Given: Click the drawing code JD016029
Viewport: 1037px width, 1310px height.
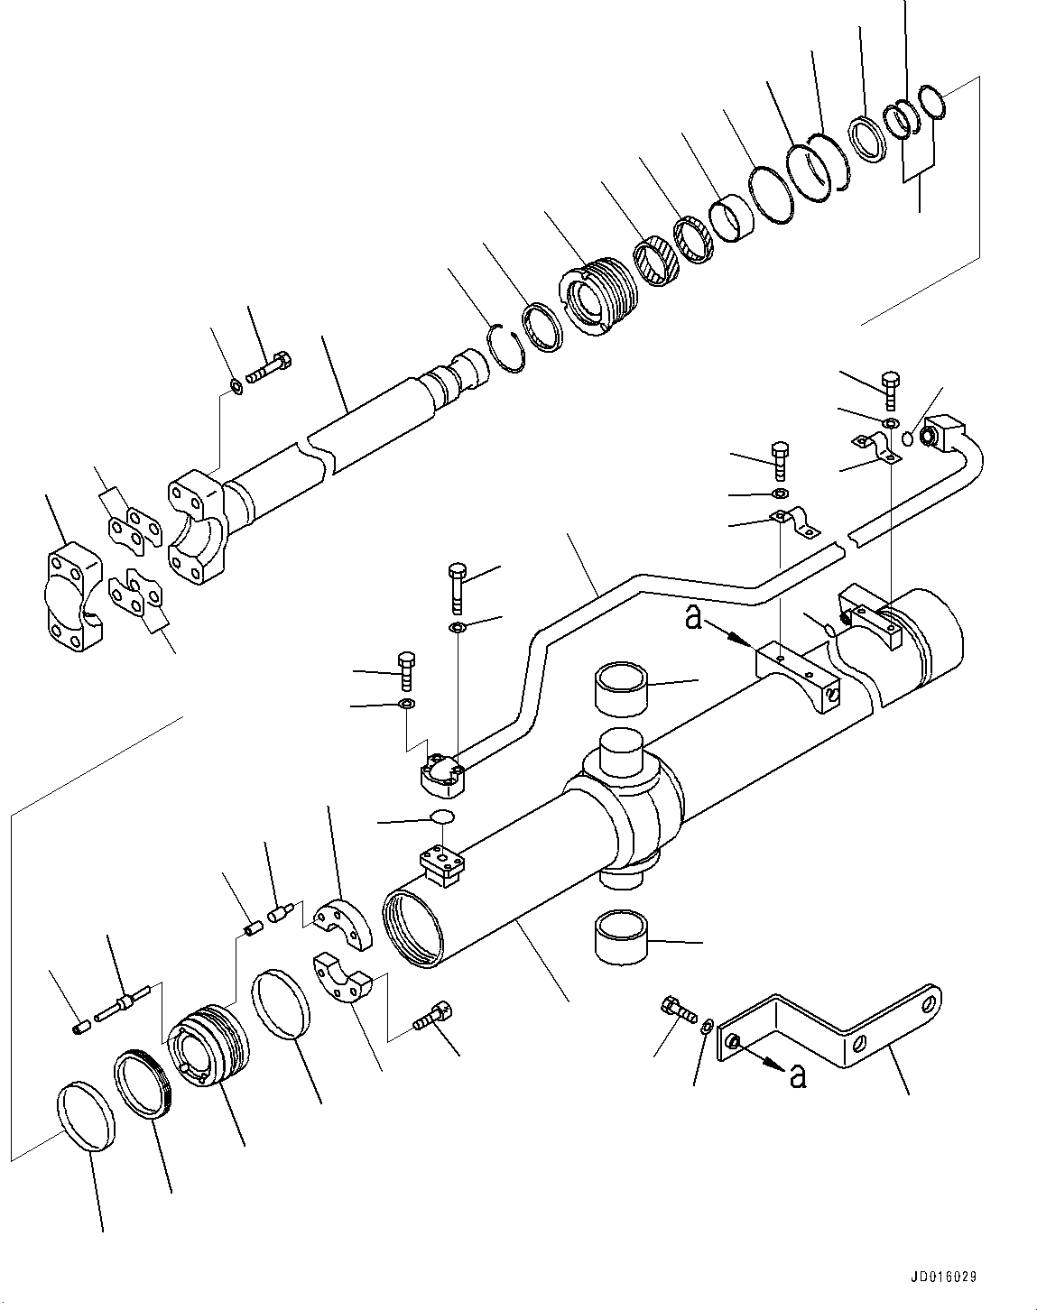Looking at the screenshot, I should pyautogui.click(x=943, y=1278).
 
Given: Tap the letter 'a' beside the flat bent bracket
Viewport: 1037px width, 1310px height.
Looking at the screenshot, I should pyautogui.click(x=796, y=1075).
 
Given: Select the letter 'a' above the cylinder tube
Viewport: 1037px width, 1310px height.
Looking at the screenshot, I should pyautogui.click(x=693, y=618).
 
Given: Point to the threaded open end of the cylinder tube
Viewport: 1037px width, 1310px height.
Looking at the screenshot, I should pyautogui.click(x=412, y=927).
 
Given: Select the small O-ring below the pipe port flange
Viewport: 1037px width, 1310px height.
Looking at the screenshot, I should pyautogui.click(x=441, y=816).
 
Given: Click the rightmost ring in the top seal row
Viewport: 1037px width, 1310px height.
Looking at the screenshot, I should pyautogui.click(x=931, y=102).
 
